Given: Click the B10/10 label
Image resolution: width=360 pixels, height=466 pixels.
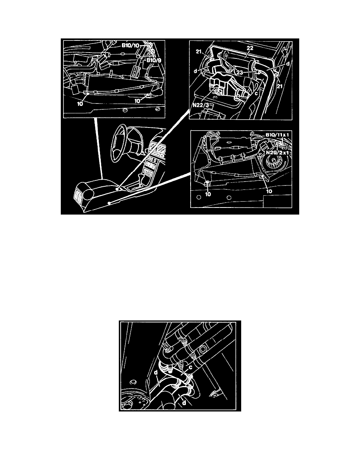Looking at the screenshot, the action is click(130, 46).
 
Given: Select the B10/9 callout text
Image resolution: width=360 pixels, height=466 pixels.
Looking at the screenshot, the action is click(153, 60).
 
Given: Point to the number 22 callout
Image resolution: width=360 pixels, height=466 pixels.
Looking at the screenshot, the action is click(249, 47).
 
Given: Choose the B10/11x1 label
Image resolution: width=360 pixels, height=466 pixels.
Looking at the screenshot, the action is click(278, 135).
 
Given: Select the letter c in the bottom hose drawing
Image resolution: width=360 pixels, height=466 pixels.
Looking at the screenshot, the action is click(191, 367).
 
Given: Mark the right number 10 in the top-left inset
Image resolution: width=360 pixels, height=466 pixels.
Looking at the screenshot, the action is click(137, 101).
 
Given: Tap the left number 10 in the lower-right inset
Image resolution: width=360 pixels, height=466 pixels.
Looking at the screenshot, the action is click(208, 194).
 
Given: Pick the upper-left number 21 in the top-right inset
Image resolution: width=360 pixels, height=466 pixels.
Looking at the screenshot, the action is click(199, 52).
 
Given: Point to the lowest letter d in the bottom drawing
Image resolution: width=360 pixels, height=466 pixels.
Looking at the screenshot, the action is click(184, 403).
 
